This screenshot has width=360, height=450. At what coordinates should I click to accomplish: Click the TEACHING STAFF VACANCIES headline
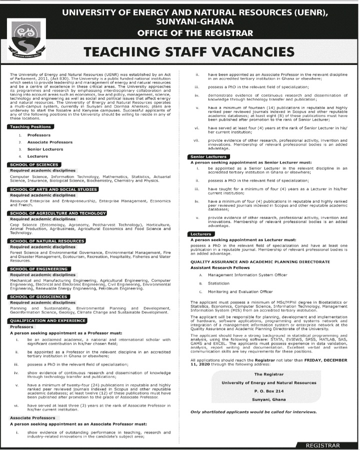click(x=188, y=52)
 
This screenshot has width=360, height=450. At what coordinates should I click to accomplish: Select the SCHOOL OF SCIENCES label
click(x=34, y=164)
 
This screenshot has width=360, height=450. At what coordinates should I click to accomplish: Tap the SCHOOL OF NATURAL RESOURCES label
click(x=47, y=241)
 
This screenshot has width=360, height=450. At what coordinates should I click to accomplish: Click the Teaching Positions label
click(x=31, y=127)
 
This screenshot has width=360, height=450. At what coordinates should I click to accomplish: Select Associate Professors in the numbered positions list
click(x=49, y=142)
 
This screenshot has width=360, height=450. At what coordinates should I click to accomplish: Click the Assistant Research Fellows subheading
click(x=215, y=267)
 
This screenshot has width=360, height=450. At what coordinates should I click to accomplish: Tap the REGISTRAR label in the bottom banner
click(x=322, y=445)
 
